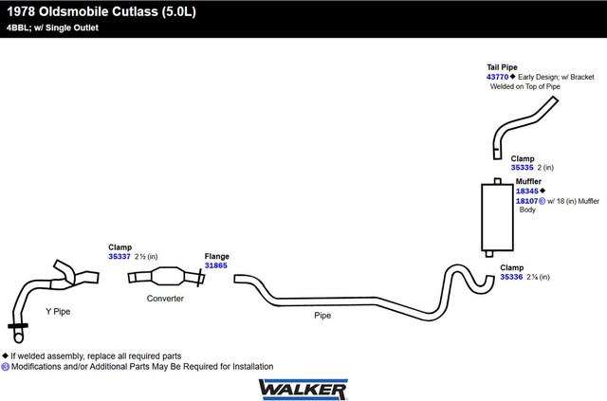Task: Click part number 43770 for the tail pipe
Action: (x=497, y=77)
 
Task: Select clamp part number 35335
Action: (x=522, y=168)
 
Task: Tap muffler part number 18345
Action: (x=527, y=191)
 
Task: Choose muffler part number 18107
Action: (x=527, y=201)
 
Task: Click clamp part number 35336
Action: (x=511, y=277)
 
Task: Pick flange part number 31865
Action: (x=216, y=265)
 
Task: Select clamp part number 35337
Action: (x=120, y=257)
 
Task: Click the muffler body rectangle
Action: (x=497, y=217)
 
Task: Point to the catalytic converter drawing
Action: (x=167, y=277)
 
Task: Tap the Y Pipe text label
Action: (x=58, y=312)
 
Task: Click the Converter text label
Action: (x=165, y=299)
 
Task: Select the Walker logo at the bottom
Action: (x=303, y=390)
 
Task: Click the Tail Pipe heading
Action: (x=502, y=67)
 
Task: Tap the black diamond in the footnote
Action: (x=5, y=355)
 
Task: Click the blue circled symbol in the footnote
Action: (x=5, y=367)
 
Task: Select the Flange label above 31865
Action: (x=217, y=256)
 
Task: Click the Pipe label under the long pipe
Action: (x=322, y=316)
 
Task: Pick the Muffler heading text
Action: (x=528, y=181)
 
